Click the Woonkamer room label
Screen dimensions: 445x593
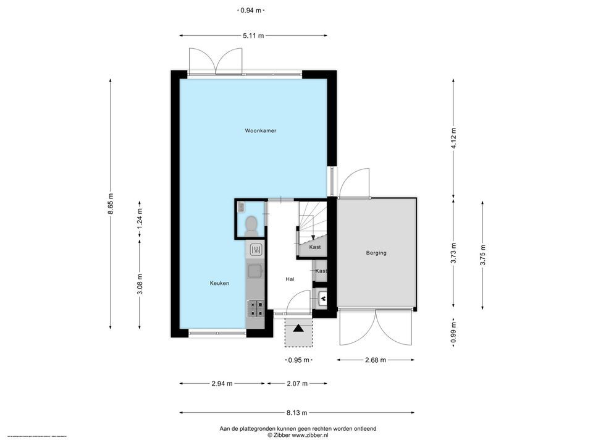[x=260, y=131]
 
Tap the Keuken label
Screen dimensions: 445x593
[x=219, y=283]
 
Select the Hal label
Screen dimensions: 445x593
[x=290, y=279]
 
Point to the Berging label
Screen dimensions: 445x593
[x=376, y=253]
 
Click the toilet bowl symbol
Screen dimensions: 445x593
[x=251, y=225]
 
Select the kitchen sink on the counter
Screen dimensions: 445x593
[x=255, y=270]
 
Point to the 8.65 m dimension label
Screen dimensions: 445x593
[x=111, y=204]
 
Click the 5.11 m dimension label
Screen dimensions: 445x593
[x=253, y=35]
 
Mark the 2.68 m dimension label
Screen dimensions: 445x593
[x=375, y=360]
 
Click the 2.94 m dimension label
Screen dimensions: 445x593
[x=222, y=383]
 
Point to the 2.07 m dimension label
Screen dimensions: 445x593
[x=297, y=383]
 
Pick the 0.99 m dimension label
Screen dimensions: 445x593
[x=453, y=333]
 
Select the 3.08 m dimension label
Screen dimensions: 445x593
[x=140, y=284]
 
